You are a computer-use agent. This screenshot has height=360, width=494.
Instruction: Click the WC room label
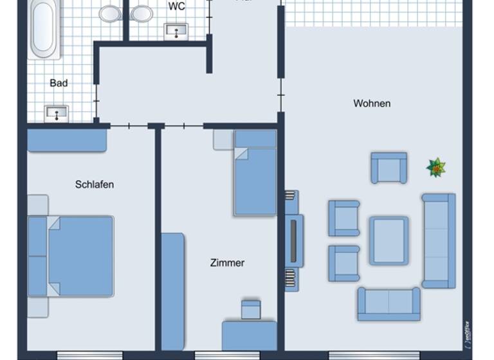(176, 6)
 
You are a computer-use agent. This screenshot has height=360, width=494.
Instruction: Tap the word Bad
(59, 83)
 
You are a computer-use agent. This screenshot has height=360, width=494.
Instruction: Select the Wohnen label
(372, 104)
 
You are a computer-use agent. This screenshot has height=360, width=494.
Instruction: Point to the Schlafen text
(95, 184)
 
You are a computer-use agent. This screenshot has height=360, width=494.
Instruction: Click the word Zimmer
(227, 263)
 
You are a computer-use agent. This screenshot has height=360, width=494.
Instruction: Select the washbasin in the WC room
(176, 31)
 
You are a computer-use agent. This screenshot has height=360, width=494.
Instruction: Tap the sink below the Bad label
(57, 114)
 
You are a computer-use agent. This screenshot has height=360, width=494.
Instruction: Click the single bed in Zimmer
(255, 172)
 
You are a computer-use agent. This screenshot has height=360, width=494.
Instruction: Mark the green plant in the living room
(436, 168)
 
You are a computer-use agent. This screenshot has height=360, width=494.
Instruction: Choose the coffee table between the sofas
(389, 240)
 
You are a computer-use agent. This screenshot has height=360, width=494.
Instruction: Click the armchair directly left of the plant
(389, 168)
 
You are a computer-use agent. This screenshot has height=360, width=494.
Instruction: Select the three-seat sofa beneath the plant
(439, 240)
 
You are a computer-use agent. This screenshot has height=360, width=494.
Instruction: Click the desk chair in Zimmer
(250, 309)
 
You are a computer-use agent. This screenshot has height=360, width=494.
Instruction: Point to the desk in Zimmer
(250, 336)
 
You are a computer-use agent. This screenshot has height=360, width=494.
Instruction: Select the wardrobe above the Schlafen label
(67, 141)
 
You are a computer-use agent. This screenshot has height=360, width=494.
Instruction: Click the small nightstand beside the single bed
(223, 139)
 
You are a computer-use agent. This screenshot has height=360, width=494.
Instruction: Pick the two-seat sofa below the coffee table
(389, 303)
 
